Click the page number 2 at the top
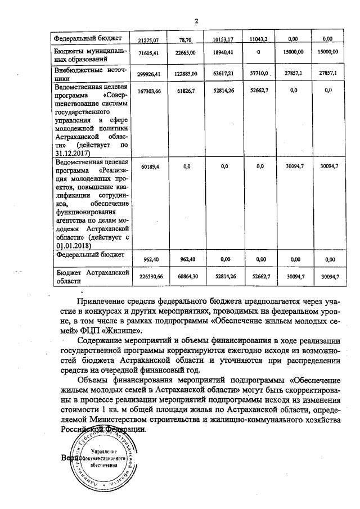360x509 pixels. pos(196,22)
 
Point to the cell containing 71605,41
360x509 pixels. pos(150,52)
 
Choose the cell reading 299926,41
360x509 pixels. pos(150,74)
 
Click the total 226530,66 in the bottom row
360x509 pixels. pos(150,276)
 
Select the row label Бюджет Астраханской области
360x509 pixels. pos(89,276)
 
